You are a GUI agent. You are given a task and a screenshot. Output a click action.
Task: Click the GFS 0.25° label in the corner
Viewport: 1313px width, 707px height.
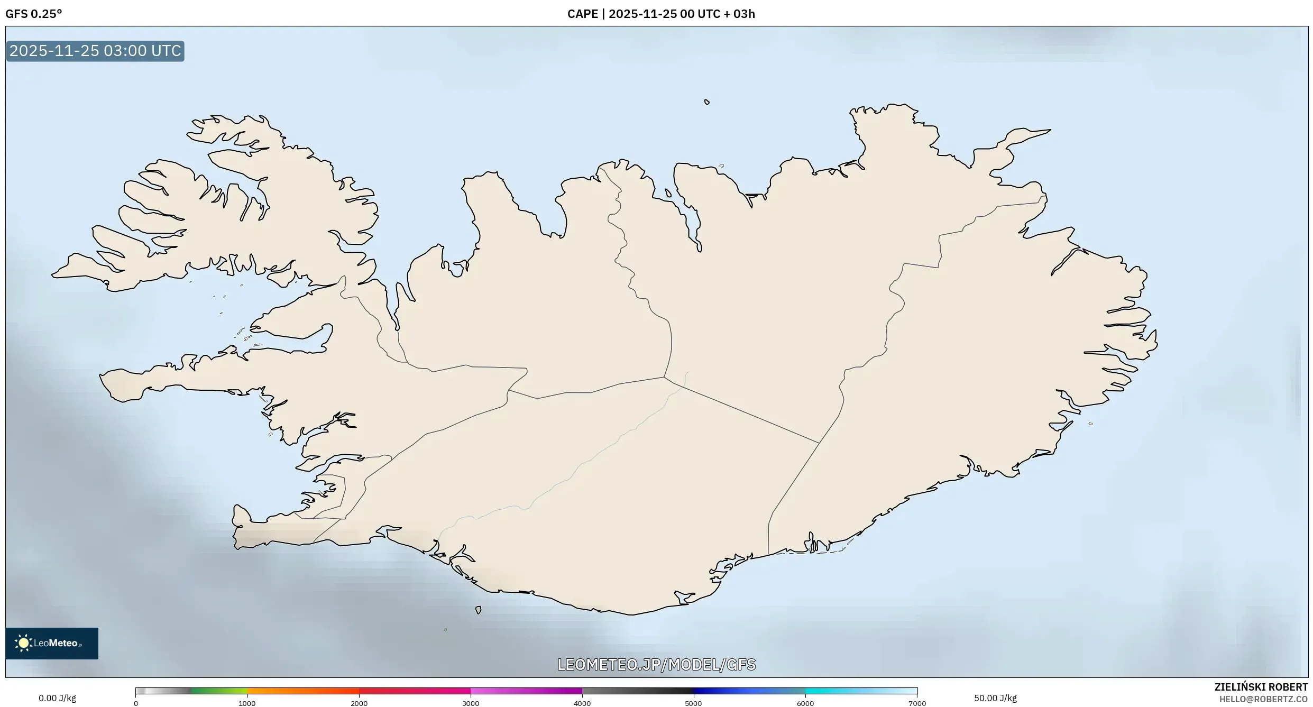coord(34,14)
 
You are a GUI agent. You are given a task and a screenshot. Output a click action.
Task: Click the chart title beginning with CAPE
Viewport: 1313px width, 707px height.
coord(661,14)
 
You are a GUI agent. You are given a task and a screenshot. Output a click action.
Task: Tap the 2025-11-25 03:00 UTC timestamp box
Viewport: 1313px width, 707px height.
coord(95,51)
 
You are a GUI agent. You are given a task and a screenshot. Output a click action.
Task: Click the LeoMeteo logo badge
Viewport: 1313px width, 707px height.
coord(52,643)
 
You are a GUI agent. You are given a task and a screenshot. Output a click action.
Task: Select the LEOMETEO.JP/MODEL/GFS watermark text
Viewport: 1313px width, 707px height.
coord(656,664)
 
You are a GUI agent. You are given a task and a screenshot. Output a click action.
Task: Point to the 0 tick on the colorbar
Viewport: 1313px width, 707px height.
coord(136,703)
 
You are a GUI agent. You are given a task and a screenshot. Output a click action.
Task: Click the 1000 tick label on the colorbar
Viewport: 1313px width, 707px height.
coord(247,703)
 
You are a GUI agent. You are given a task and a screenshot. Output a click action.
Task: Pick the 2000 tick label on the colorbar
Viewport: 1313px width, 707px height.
coord(359,703)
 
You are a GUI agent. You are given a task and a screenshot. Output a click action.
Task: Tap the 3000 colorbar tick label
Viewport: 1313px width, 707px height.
coord(471,703)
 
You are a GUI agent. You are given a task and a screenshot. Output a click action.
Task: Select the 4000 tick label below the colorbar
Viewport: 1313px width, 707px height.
coord(582,703)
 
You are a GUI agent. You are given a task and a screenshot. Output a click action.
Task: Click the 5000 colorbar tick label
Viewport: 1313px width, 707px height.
coord(694,703)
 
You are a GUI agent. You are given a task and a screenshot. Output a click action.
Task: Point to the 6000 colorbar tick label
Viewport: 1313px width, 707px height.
coord(805,703)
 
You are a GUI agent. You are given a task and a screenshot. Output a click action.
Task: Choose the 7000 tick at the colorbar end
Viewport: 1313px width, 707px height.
coord(917,703)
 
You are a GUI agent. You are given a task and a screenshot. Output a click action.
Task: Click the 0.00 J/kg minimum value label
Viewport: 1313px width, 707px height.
coord(57,698)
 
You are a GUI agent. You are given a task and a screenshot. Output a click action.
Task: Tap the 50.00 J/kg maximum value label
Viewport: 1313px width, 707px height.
coord(995,698)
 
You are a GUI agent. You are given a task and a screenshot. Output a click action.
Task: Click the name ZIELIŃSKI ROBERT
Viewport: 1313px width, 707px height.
coord(1261,687)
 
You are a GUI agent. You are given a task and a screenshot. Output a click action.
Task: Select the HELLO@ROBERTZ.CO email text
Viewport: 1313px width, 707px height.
coord(1263,699)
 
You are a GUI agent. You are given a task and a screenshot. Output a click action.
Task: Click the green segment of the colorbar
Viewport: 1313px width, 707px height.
coord(219,691)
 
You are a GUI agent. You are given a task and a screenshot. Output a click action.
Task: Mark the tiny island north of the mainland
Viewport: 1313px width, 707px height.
coord(706,102)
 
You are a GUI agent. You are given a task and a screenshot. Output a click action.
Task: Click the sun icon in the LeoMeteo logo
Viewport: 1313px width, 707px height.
coord(23,643)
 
